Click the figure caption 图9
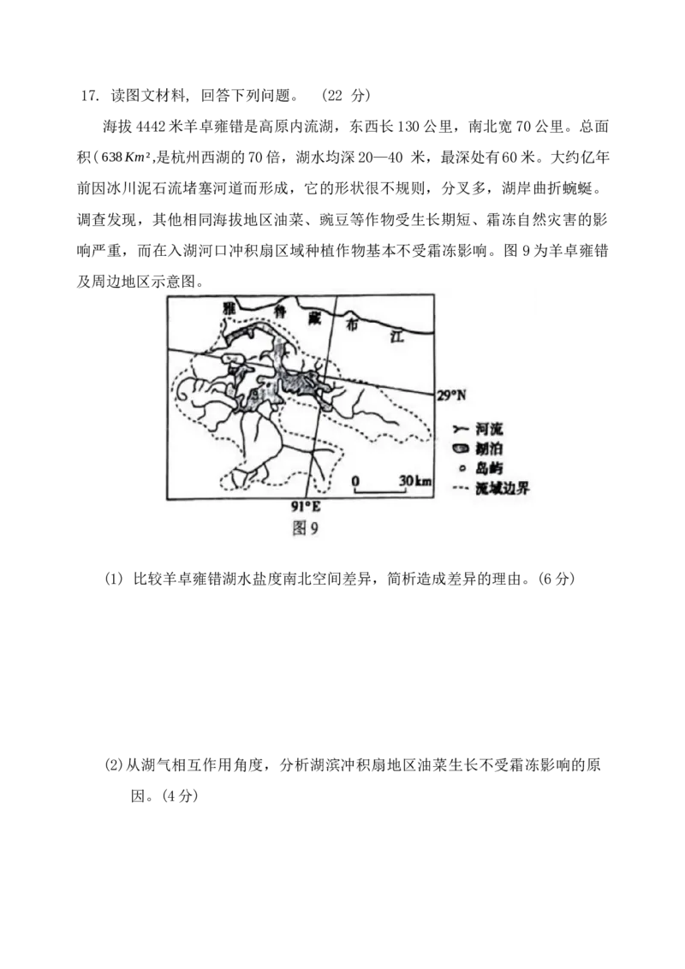pos(306,528)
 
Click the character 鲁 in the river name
pos(278,314)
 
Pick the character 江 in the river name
pos(395,336)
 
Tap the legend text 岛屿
pos(491,468)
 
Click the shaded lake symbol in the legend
pos(460,449)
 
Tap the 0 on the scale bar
pos(355,480)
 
